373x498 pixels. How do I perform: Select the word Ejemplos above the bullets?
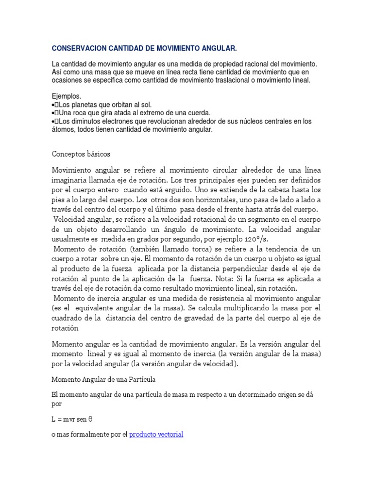point(66,96)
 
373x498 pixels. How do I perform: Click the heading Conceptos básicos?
point(81,154)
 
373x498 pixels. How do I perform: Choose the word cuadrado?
point(69,318)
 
